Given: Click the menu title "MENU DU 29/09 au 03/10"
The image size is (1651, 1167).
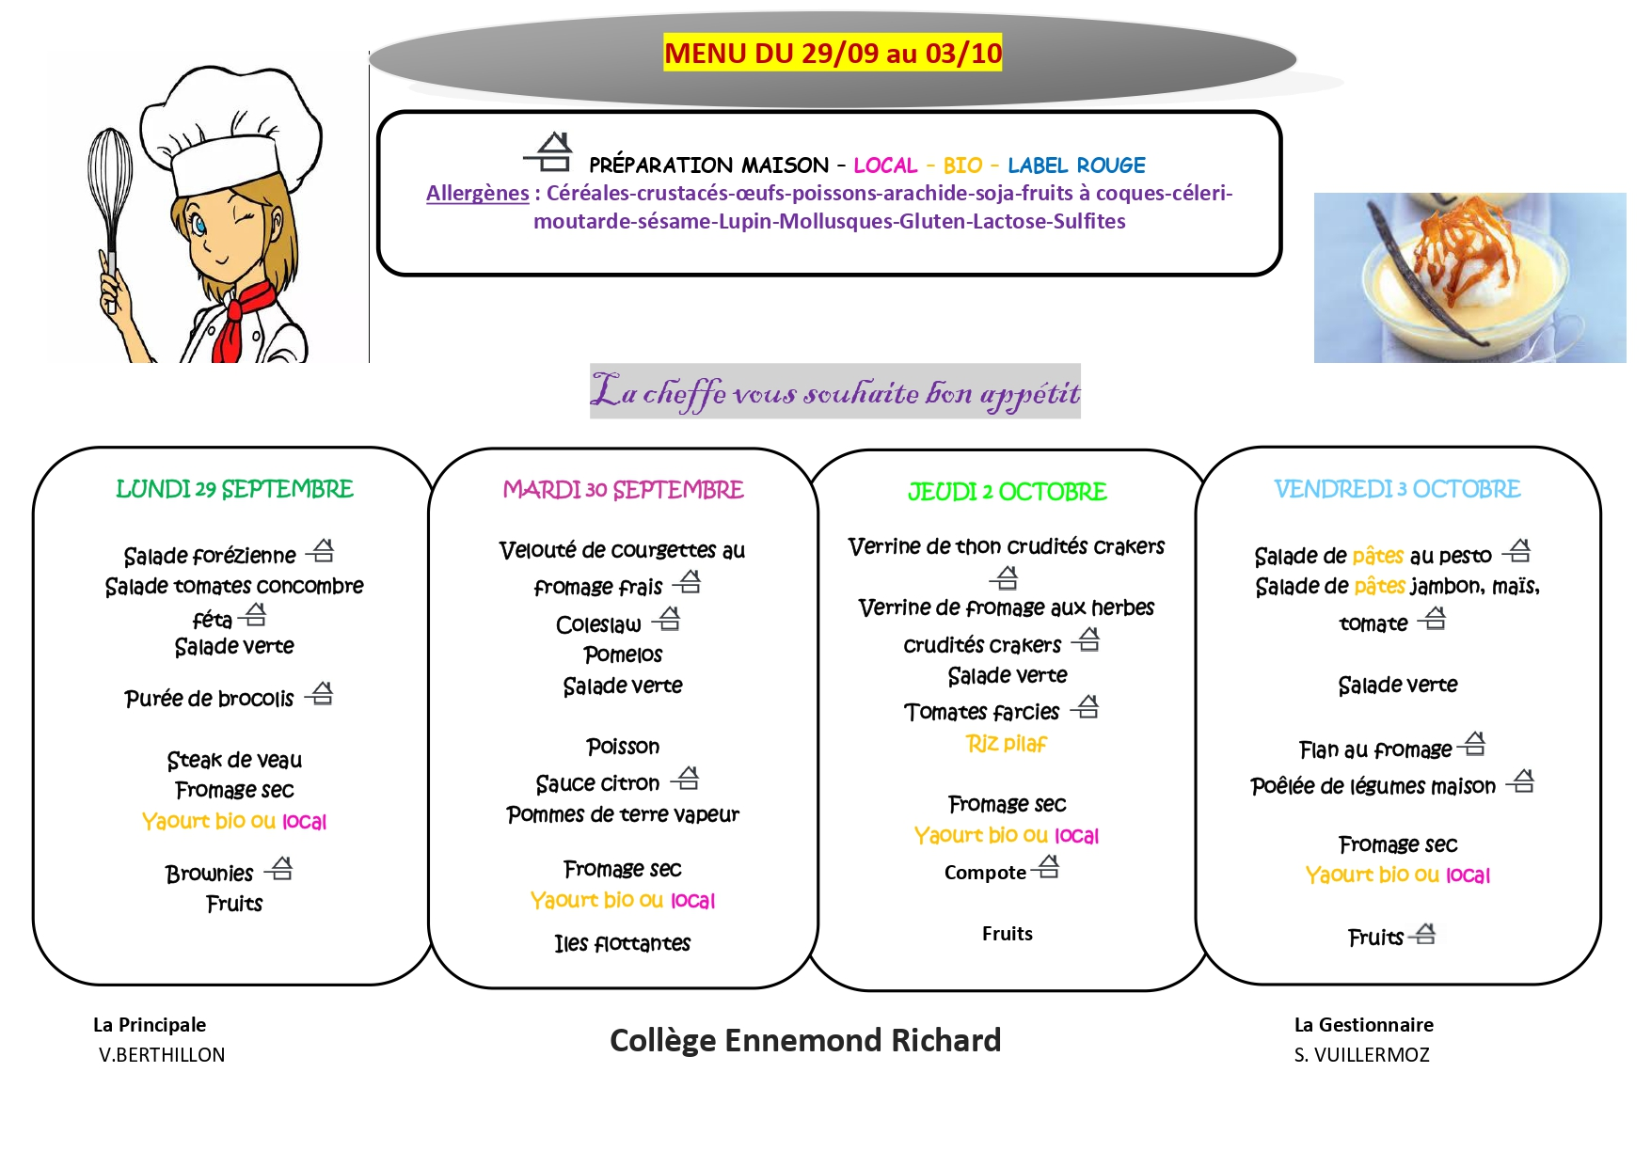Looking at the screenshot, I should pyautogui.click(x=833, y=53).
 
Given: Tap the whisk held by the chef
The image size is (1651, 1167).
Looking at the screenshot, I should pyautogui.click(x=109, y=188).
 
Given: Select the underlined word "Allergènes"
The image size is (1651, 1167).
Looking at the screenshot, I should pyautogui.click(x=477, y=194).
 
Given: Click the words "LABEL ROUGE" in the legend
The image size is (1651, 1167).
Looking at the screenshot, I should pyautogui.click(x=1076, y=166).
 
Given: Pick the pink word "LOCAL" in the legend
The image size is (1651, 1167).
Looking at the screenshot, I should pyautogui.click(x=884, y=166).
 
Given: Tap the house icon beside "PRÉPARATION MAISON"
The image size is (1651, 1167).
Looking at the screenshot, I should pyautogui.click(x=550, y=152).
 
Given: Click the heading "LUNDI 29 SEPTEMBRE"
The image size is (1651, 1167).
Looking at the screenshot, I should pyautogui.click(x=234, y=489).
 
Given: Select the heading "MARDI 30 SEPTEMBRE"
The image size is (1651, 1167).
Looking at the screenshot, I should pyautogui.click(x=623, y=490).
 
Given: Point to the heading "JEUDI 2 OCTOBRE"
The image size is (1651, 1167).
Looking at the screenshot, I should pyautogui.click(x=1007, y=492).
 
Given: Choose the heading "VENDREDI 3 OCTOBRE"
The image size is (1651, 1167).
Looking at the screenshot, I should pyautogui.click(x=1397, y=489).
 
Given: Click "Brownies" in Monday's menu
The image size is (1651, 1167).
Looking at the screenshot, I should pyautogui.click(x=210, y=874).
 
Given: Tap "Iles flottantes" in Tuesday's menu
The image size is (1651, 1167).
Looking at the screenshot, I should pyautogui.click(x=622, y=943).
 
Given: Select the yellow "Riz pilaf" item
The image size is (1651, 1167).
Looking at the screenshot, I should pyautogui.click(x=1006, y=744).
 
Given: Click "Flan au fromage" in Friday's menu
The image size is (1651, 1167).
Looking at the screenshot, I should pyautogui.click(x=1374, y=749).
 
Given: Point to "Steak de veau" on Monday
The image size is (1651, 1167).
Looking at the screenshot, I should pyautogui.click(x=234, y=760).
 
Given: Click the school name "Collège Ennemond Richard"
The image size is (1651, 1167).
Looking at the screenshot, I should pyautogui.click(x=805, y=1040).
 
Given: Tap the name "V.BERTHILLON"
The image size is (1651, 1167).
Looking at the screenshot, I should pyautogui.click(x=162, y=1055).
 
